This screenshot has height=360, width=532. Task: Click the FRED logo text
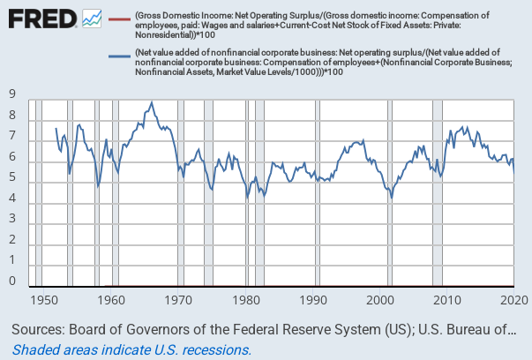(40, 18)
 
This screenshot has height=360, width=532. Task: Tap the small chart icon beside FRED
(92, 18)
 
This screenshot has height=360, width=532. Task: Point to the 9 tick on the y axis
(12, 94)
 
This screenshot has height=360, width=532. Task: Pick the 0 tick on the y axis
(12, 281)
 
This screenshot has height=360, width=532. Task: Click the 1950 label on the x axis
(42, 300)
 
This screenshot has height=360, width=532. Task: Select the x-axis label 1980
(247, 300)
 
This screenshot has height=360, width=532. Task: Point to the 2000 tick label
(383, 300)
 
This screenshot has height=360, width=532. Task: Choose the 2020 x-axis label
(514, 300)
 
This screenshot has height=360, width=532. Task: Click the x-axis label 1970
(179, 300)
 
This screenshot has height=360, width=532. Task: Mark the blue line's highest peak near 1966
(152, 102)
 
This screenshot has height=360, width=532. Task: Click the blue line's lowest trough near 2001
(392, 199)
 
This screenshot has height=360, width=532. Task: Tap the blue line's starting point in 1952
(56, 129)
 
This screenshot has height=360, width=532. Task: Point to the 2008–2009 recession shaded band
(436, 194)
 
